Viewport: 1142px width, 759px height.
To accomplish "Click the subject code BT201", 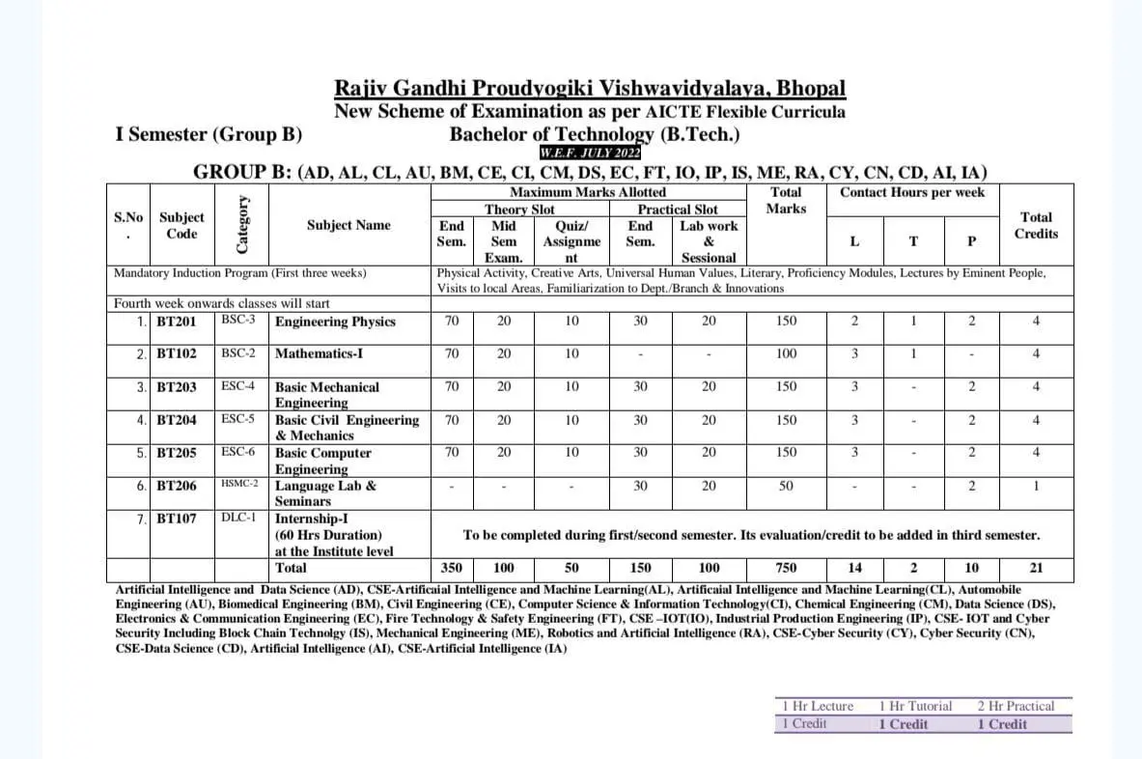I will pyautogui.click(x=177, y=322).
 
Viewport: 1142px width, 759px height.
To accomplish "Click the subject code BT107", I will pyautogui.click(x=177, y=519).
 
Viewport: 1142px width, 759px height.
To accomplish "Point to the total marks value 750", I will pyautogui.click(x=787, y=568).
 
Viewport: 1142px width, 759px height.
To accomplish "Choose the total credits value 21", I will pyautogui.click(x=1036, y=568).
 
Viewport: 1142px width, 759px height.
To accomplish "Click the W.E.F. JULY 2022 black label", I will pyautogui.click(x=590, y=153).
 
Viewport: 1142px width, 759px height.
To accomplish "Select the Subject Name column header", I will pyautogui.click(x=348, y=225).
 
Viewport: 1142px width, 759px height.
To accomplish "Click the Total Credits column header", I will pyautogui.click(x=1036, y=225).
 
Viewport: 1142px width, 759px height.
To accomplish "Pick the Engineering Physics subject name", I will pyautogui.click(x=335, y=322).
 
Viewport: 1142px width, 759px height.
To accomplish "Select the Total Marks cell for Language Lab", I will pyautogui.click(x=787, y=486).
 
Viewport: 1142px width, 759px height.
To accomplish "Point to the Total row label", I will pyautogui.click(x=292, y=568).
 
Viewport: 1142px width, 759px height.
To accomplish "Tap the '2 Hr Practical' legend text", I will pyautogui.click(x=1016, y=706).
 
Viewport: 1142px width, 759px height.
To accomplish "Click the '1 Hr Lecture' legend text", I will pyautogui.click(x=818, y=706).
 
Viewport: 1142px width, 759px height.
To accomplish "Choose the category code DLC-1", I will pyautogui.click(x=237, y=518).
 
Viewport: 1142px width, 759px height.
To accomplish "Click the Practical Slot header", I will pyautogui.click(x=678, y=209).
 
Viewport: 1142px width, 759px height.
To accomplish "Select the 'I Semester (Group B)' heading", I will pyautogui.click(x=209, y=134).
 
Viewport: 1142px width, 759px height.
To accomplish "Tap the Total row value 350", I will pyautogui.click(x=451, y=568).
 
